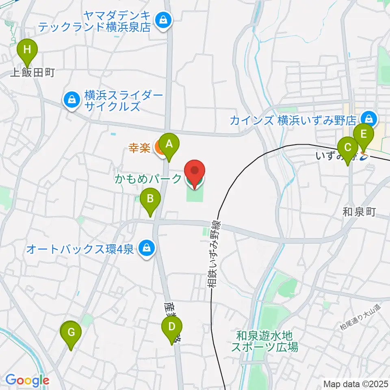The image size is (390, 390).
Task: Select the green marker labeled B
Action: [x=150, y=199]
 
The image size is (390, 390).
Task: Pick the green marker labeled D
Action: [x=172, y=327]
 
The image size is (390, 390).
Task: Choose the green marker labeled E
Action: [x=363, y=134]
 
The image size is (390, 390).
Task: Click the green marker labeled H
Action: [x=27, y=51]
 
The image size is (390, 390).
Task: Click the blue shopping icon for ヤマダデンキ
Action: [x=163, y=19]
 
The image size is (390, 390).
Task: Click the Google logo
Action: [x=27, y=380]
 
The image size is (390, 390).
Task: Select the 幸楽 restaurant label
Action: [x=140, y=147]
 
